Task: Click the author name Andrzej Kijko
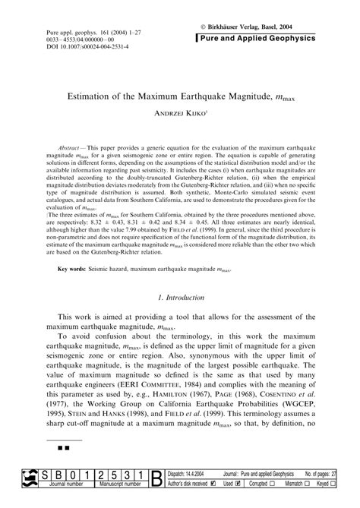(180, 116)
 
